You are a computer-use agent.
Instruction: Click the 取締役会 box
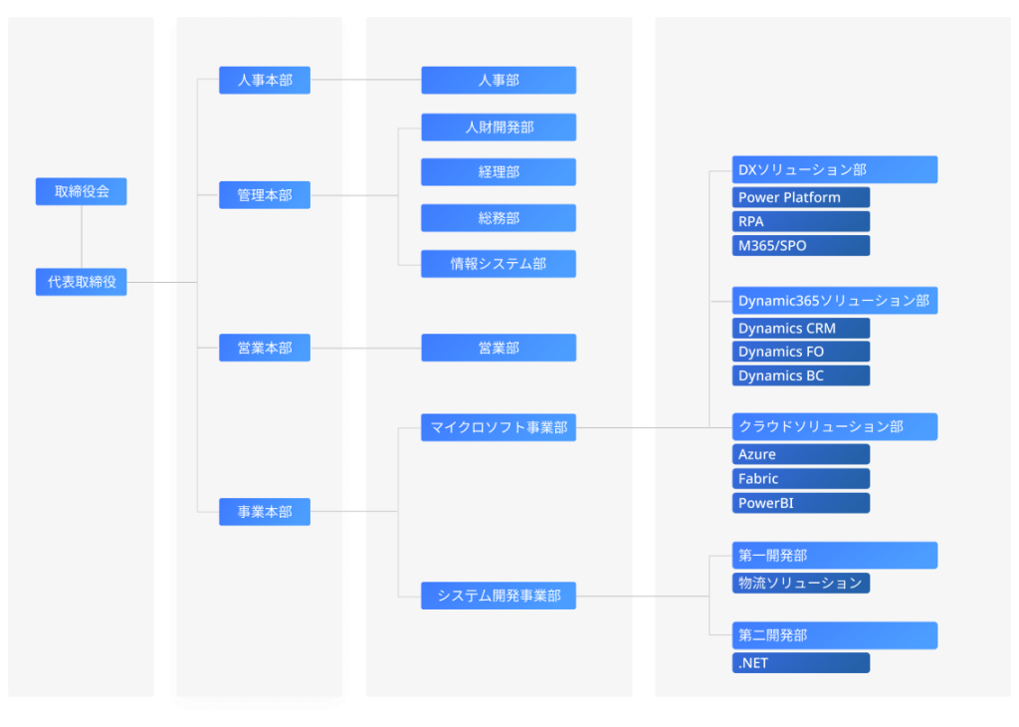pyautogui.click(x=81, y=191)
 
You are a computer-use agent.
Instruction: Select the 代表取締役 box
pyautogui.click(x=81, y=282)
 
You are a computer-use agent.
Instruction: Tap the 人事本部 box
pyautogui.click(x=264, y=80)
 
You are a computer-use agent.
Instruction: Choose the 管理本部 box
pyautogui.click(x=264, y=195)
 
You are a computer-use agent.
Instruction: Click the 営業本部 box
pyautogui.click(x=264, y=348)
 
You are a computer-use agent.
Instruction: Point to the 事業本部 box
pyautogui.click(x=264, y=512)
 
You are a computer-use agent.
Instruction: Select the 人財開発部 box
pyautogui.click(x=498, y=127)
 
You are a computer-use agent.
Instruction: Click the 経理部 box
pyautogui.click(x=498, y=171)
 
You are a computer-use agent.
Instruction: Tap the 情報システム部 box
pyautogui.click(x=498, y=264)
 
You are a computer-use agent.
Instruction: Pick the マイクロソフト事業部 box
pyautogui.click(x=498, y=427)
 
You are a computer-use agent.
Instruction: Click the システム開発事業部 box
pyautogui.click(x=498, y=596)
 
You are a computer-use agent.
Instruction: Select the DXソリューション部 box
pyautogui.click(x=834, y=169)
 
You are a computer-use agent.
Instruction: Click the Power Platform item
pyautogui.click(x=800, y=197)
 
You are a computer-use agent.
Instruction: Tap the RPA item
pyautogui.click(x=800, y=221)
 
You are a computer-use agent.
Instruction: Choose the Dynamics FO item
pyautogui.click(x=800, y=352)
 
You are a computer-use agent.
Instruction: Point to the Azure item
pyautogui.click(x=800, y=454)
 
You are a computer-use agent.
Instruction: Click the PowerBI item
pyautogui.click(x=800, y=503)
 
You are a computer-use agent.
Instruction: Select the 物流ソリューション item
pyautogui.click(x=800, y=583)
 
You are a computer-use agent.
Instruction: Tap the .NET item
pyautogui.click(x=800, y=662)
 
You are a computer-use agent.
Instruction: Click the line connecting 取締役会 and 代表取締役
pyautogui.click(x=81, y=237)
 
